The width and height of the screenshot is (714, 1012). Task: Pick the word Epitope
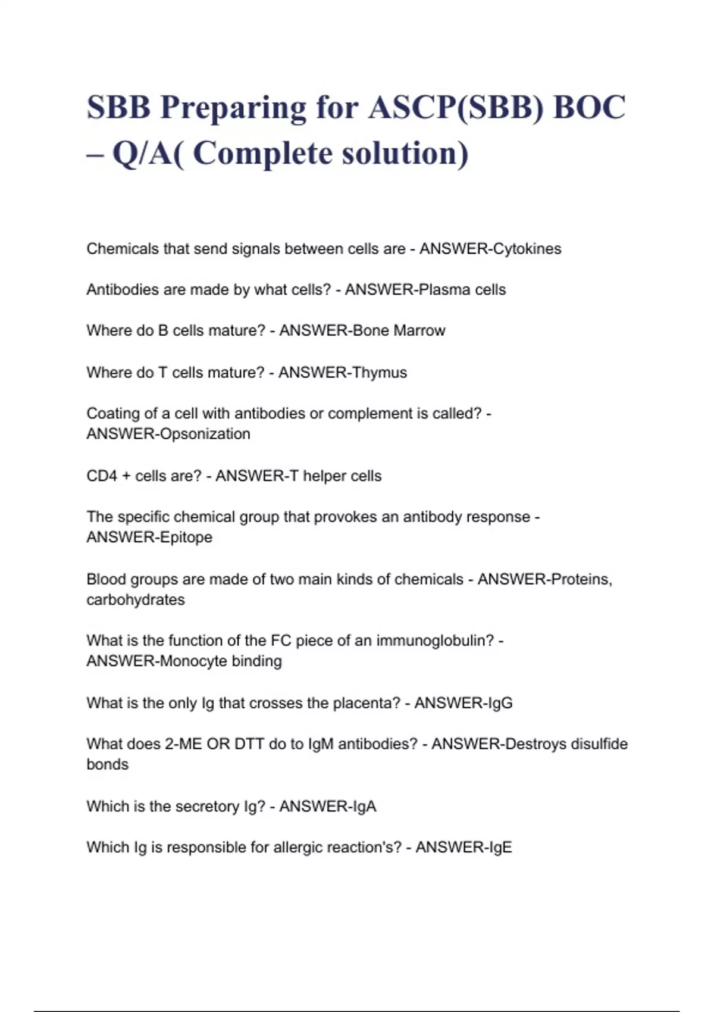tap(186, 538)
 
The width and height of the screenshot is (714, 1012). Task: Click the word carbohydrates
tap(136, 600)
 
